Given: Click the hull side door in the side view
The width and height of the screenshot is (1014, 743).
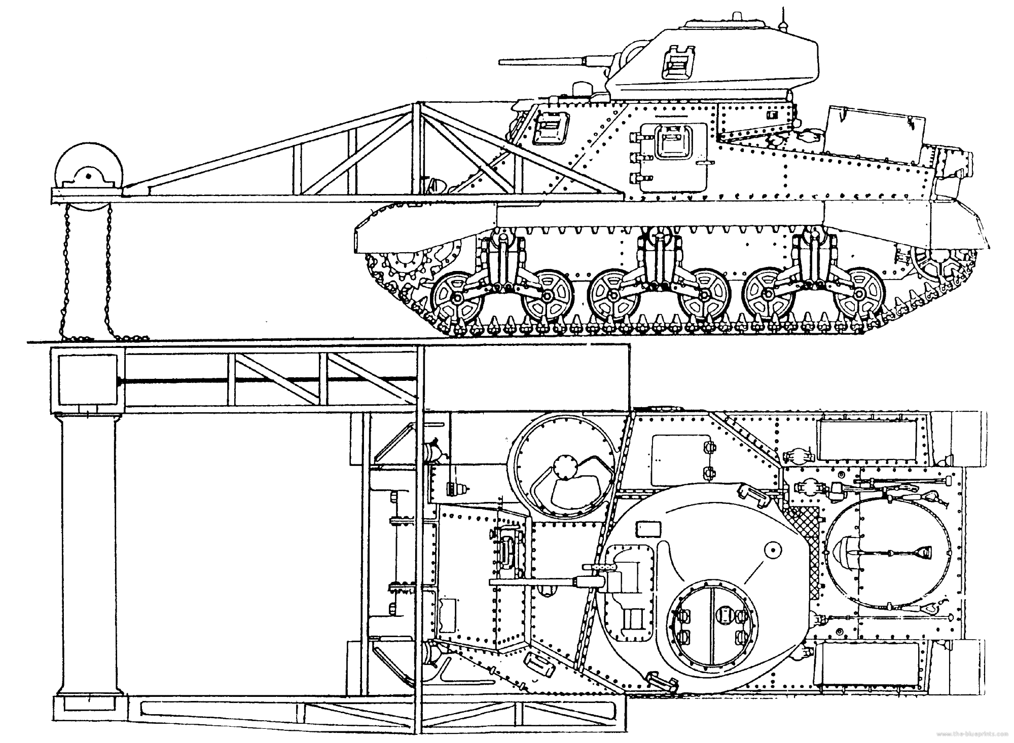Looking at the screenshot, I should point(673,157).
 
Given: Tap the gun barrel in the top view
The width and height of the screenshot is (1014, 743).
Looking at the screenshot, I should point(537,582).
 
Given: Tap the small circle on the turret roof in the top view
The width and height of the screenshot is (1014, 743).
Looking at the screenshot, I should point(772,549).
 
